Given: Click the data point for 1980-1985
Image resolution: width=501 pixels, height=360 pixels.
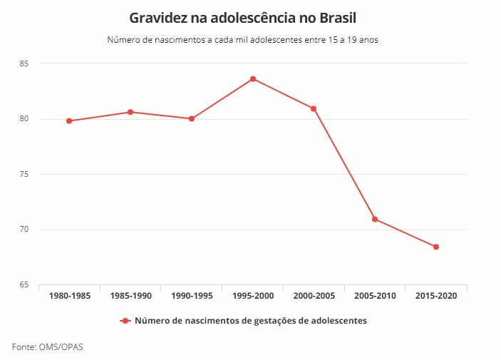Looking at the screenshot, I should (x=69, y=121).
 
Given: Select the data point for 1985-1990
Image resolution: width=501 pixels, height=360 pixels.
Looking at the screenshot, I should (x=130, y=112).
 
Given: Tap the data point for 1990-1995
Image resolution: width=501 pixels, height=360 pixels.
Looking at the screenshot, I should (x=192, y=118).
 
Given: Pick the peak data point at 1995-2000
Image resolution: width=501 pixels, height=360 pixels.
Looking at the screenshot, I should (x=252, y=78).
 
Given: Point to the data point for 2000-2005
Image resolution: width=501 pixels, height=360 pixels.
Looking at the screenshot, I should (x=314, y=108).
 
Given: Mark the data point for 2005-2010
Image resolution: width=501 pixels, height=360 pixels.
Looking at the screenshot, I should (x=375, y=219).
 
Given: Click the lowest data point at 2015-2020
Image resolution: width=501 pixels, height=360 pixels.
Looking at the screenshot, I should (x=436, y=247).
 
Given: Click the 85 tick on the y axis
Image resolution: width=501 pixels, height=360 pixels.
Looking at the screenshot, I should (x=24, y=63).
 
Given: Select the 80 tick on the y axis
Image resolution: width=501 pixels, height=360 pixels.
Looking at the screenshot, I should (x=24, y=119).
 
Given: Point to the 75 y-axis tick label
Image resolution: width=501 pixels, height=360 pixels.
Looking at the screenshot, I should (x=24, y=174).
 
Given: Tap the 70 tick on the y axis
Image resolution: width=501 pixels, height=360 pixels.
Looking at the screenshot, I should (x=24, y=230).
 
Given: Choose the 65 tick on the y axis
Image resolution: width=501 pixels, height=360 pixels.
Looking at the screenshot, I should (x=24, y=284).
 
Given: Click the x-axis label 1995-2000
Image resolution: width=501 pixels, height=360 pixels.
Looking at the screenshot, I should (x=253, y=296).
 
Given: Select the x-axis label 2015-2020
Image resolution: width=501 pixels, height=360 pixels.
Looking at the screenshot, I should (x=436, y=296).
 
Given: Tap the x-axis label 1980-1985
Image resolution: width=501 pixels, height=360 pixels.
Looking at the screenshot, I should (x=70, y=296).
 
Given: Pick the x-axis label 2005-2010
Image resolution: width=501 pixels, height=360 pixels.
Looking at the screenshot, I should (x=375, y=296).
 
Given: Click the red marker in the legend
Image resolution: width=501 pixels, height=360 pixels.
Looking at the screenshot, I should (x=125, y=321).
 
